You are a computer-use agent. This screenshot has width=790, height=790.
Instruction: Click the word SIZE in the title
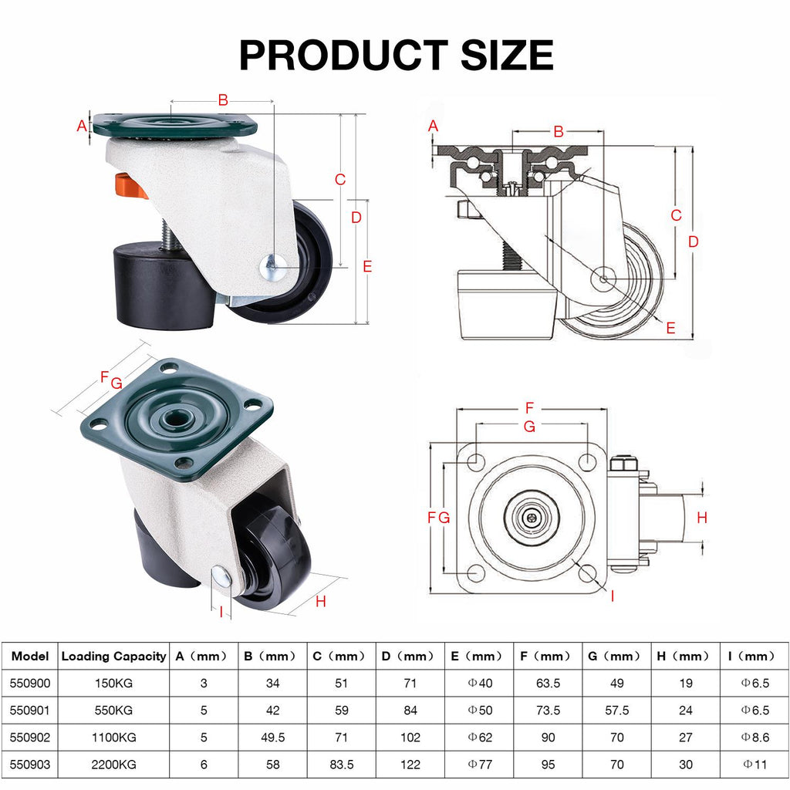[x=507, y=55]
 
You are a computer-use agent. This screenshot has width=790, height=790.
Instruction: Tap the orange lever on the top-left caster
[x=130, y=186]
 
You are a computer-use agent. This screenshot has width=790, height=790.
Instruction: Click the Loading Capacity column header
[x=113, y=656]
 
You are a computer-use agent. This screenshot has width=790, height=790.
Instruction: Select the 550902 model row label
[x=30, y=737]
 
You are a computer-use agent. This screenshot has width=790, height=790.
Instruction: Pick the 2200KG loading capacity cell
[x=114, y=765]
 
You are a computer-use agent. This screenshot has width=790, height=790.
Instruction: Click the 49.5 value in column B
[x=272, y=737]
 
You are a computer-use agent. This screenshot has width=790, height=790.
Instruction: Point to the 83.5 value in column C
[x=342, y=765]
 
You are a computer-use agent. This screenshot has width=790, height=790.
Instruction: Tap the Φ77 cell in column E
[x=480, y=765]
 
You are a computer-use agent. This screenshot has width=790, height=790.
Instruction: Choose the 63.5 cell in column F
[x=549, y=684]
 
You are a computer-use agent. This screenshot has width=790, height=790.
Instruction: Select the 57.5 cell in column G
[x=616, y=711]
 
